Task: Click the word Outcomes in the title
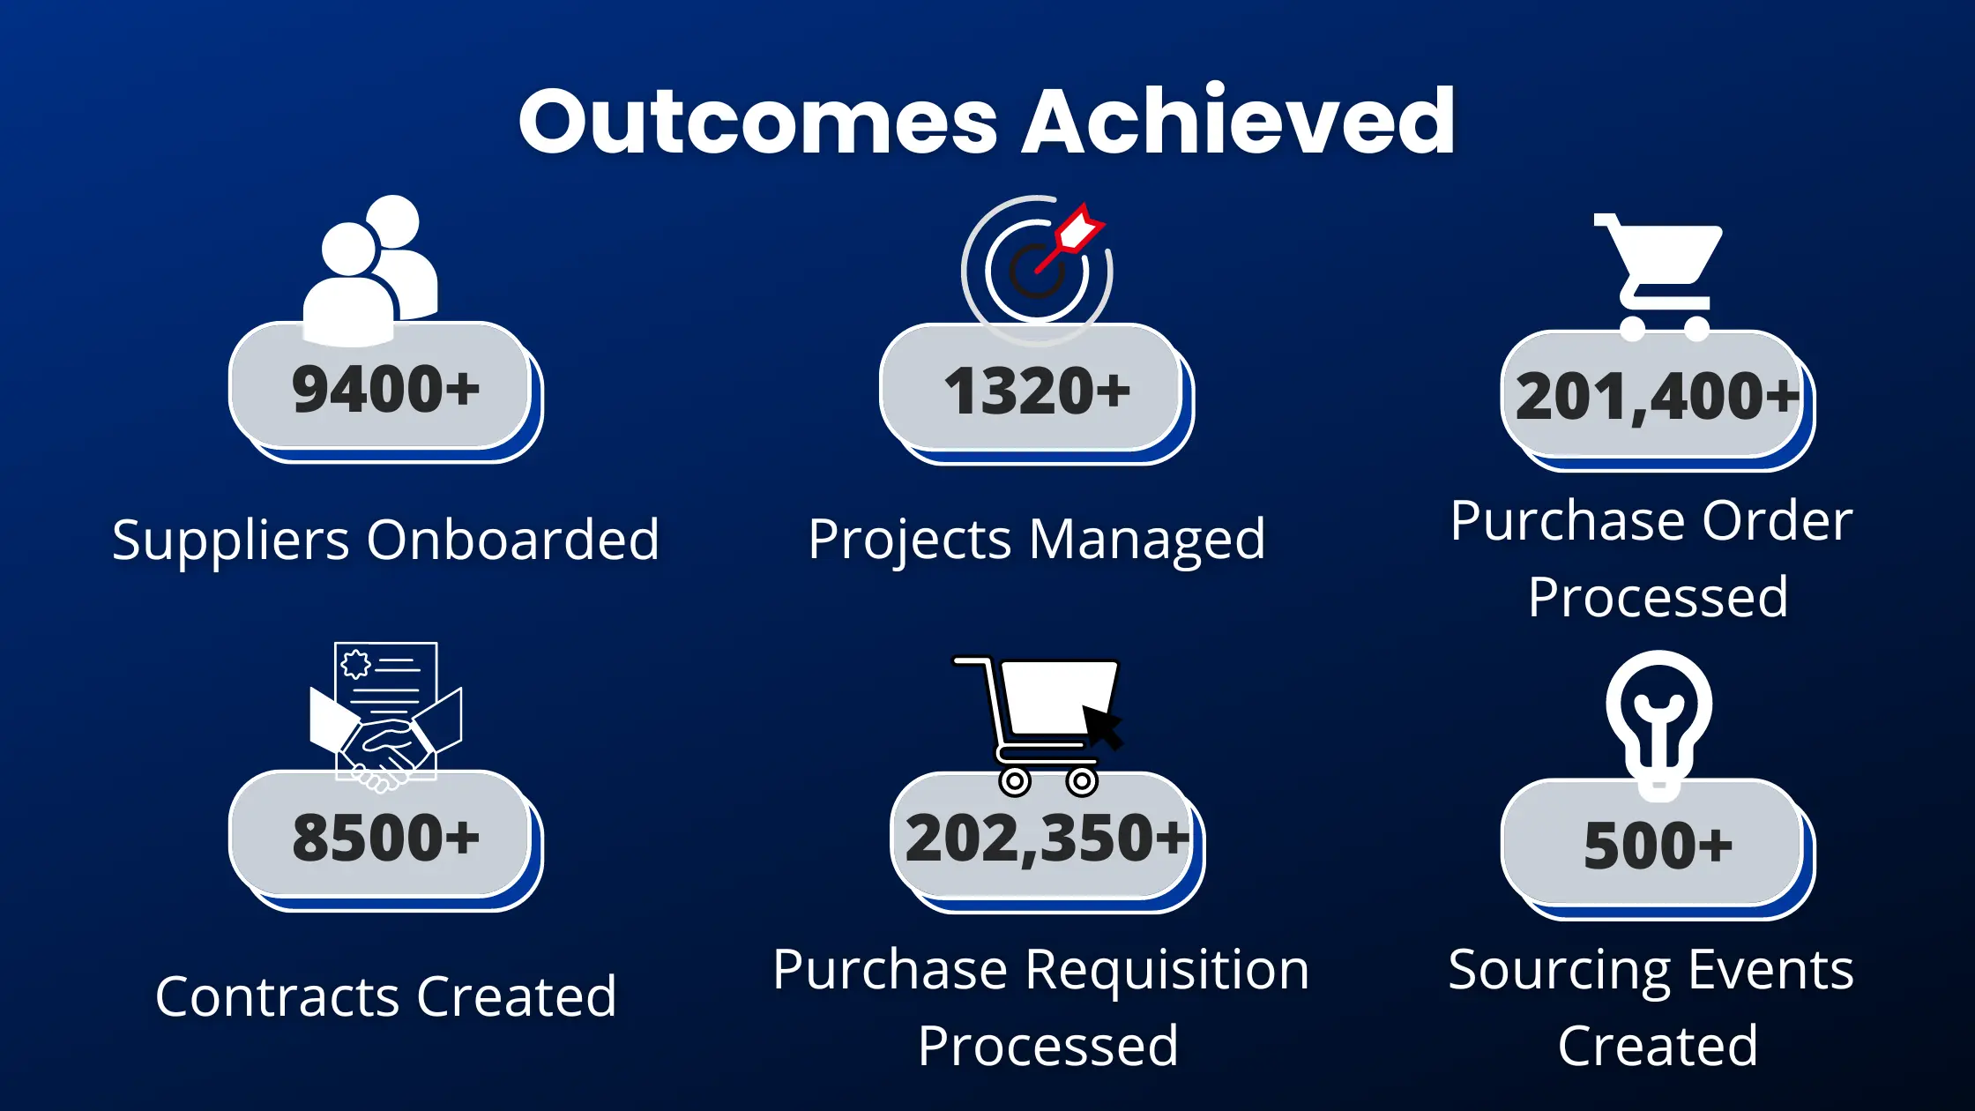(758, 121)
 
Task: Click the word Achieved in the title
(1238, 119)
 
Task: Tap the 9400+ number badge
(386, 390)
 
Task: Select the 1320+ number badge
(1037, 391)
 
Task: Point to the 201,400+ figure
(1657, 396)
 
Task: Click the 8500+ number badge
(386, 839)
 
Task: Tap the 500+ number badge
(1658, 847)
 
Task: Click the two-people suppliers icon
(370, 270)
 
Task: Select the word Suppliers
(231, 541)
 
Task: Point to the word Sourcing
(1560, 972)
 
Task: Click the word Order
(1777, 521)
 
